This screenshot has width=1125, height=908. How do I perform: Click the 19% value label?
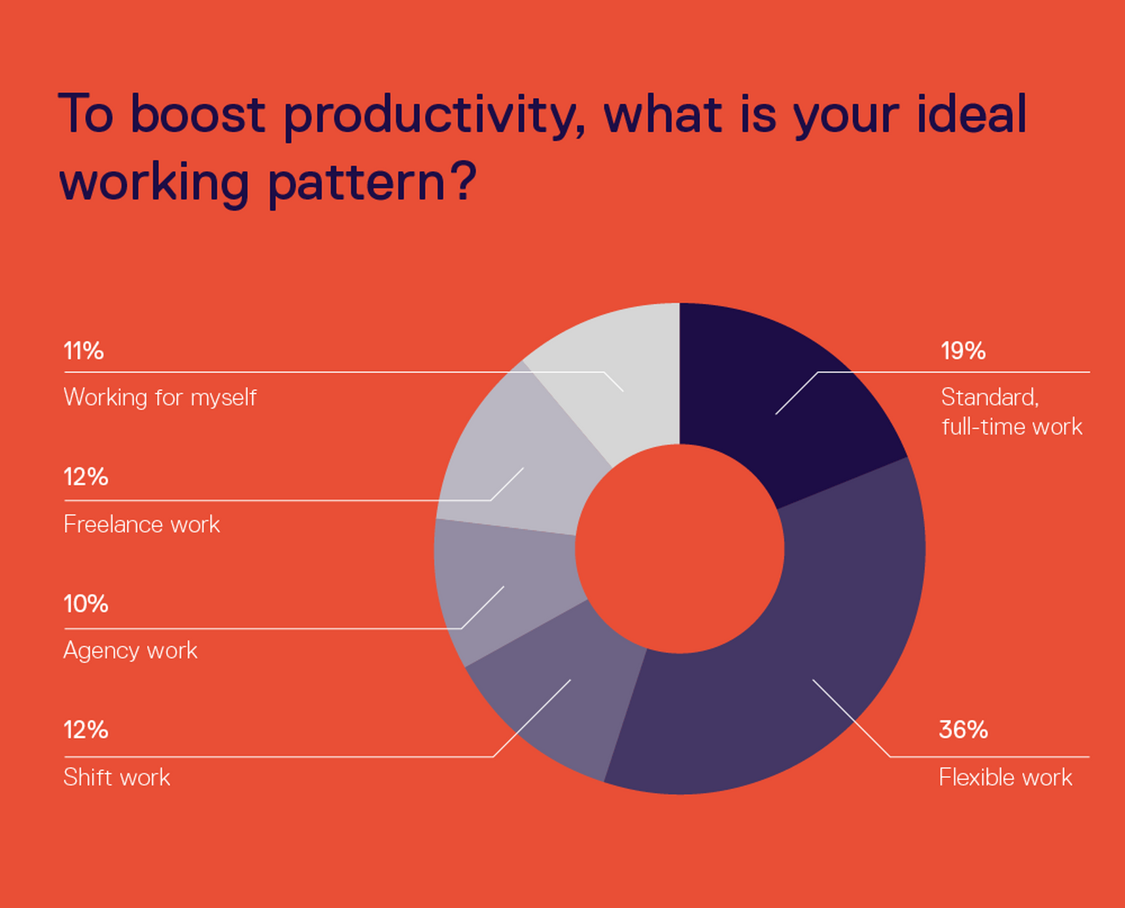pyautogui.click(x=963, y=352)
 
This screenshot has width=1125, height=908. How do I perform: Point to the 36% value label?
pyautogui.click(x=963, y=730)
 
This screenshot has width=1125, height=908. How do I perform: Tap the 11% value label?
pyautogui.click(x=84, y=352)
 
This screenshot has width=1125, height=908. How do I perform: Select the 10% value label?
pyautogui.click(x=86, y=604)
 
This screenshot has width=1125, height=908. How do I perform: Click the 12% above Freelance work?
pyautogui.click(x=86, y=477)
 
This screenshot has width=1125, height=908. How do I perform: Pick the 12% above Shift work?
pyautogui.click(x=86, y=730)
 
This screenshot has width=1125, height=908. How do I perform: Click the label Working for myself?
pyautogui.click(x=160, y=397)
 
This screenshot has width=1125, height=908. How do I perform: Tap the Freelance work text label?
pyautogui.click(x=141, y=524)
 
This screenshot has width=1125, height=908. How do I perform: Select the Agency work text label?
pyautogui.click(x=130, y=650)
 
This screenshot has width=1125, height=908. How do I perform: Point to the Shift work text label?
pyautogui.click(x=116, y=777)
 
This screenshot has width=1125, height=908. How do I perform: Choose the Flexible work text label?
pyautogui.click(x=1005, y=777)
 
